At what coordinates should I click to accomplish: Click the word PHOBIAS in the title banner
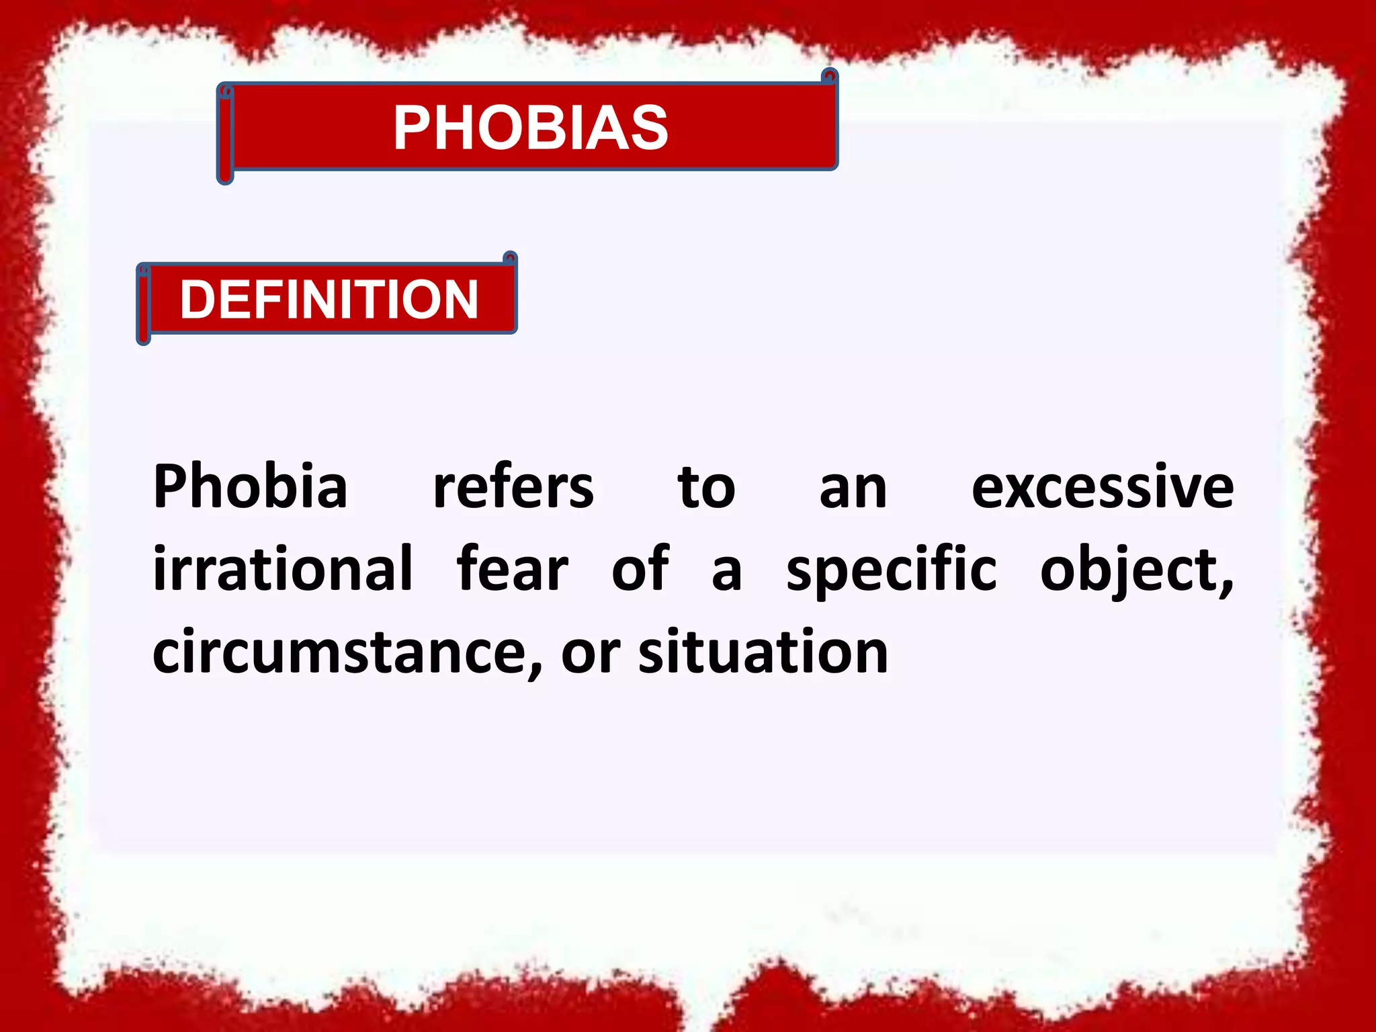point(530,128)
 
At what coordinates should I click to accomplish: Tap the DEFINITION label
point(329,300)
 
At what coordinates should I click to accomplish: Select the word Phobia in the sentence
point(250,486)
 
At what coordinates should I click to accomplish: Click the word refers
point(513,486)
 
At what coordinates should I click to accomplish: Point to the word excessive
point(1102,488)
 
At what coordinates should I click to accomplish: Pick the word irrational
point(282,570)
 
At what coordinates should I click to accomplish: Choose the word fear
point(512,570)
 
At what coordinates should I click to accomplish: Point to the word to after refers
point(706,488)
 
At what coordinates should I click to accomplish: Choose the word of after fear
point(640,570)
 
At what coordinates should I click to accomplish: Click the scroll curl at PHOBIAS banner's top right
point(830,76)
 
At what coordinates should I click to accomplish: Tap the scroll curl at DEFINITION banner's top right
point(511,259)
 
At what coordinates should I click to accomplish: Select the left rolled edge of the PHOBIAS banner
point(226,134)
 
